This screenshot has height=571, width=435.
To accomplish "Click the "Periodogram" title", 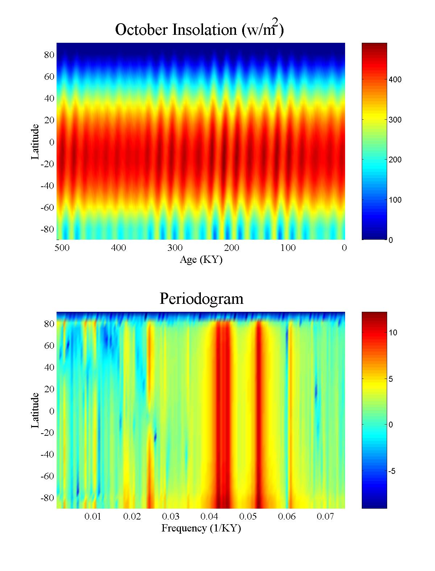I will pos(201,299).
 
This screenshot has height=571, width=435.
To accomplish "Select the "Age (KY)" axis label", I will pos(201,260).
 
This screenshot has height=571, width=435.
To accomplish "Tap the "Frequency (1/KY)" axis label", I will pos(201,528).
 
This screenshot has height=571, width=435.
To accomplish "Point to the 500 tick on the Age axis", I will pos(62,248).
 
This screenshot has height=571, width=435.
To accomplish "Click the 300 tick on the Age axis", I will pos(175,248).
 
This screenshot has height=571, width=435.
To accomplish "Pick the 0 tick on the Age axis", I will pos(344,248).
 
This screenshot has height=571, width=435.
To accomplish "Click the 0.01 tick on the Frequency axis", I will pos(93,517).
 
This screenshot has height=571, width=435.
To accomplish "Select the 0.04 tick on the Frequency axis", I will pos(209,517).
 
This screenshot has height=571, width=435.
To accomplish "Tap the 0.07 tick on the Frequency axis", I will pos(325,517).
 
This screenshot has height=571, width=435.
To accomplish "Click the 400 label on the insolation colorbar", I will pos(395,80).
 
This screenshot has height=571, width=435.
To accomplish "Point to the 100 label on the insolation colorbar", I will pos(395,200).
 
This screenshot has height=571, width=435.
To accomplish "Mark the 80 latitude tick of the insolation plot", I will pos(49,55).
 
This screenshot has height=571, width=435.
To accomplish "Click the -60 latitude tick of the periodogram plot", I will pos(47,476).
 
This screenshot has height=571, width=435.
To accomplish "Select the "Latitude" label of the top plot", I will pos(35,142).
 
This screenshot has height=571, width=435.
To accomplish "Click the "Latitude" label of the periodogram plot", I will pos(35,410).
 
